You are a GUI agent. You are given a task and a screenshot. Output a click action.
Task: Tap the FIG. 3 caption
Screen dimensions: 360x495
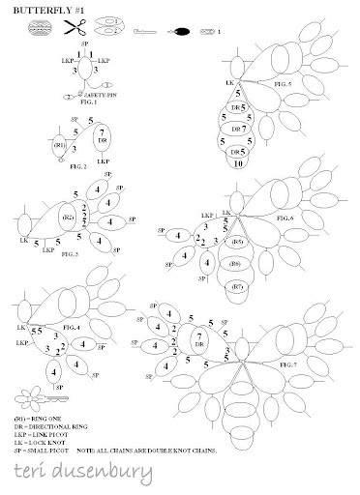[x=69, y=251]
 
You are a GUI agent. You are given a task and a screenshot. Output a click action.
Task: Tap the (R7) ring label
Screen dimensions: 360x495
[x=236, y=287]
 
